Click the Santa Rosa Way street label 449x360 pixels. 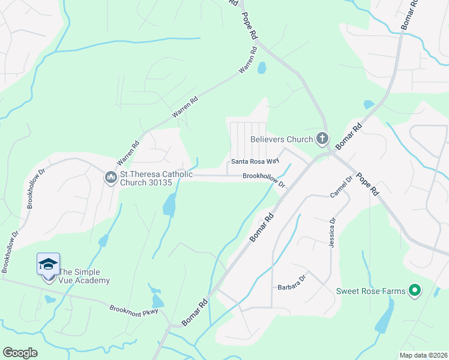(256, 161)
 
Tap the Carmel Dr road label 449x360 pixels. (340, 188)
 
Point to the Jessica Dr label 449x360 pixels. (331, 233)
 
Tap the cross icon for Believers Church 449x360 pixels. (322, 139)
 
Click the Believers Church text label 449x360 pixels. (282, 139)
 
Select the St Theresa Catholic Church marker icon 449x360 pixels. (110, 178)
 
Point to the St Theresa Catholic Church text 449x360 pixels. (157, 179)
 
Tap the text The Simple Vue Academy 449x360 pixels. (85, 276)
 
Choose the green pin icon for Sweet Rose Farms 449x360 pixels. (414, 292)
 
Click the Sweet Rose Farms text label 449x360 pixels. (370, 292)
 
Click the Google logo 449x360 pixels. (20, 353)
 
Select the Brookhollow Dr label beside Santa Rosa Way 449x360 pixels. (264, 179)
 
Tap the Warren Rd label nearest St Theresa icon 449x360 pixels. (128, 153)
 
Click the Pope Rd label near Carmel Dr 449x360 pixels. (366, 184)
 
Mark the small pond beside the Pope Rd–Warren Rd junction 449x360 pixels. (262, 68)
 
